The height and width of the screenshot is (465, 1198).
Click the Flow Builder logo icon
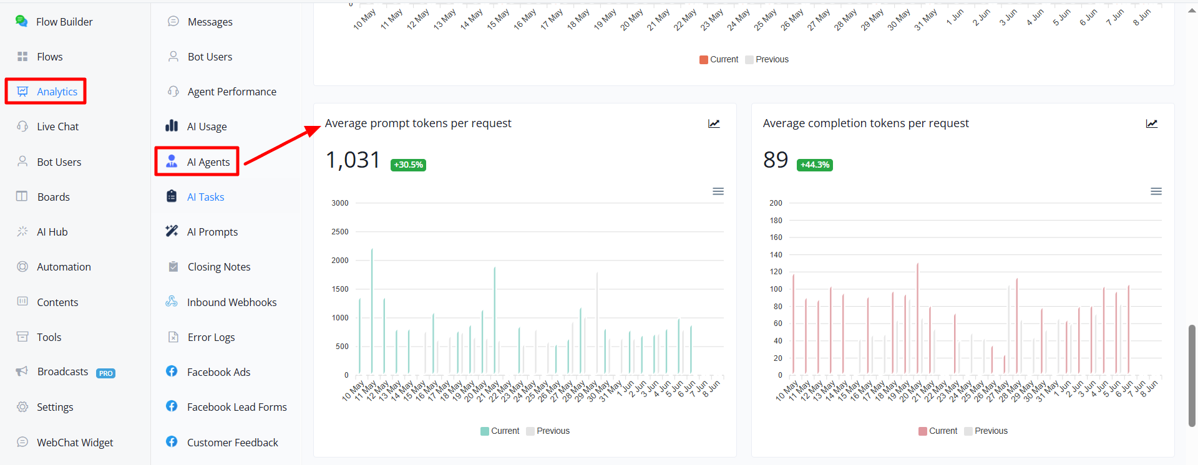21,21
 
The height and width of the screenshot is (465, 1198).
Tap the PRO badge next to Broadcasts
105,373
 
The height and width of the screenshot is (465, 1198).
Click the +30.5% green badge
408,165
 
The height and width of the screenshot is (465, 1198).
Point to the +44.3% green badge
815,165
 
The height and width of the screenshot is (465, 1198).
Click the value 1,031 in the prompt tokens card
353,160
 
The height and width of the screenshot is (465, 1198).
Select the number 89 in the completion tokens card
776,160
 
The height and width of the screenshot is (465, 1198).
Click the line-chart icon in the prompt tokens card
714,123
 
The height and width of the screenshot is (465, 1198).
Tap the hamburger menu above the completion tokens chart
1156,191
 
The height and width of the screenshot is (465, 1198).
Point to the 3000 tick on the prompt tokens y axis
340,203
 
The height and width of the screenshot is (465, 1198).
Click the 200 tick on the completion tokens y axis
776,203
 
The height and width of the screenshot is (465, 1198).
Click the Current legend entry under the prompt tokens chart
500,431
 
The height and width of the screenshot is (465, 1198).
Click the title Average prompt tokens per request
418,123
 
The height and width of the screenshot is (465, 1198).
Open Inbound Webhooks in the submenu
221,302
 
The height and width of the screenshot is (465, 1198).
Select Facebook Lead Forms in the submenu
226,407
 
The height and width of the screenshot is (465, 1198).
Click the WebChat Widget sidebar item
65,443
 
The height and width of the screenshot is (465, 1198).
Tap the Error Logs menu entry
201,337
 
